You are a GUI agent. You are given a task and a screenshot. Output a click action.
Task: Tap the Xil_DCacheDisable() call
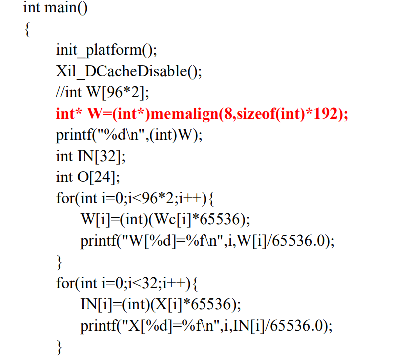(129, 71)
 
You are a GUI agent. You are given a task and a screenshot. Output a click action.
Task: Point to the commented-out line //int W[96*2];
(102, 93)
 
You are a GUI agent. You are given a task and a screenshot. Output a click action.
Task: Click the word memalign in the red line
(184, 114)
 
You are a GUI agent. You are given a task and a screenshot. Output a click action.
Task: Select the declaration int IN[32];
(91, 156)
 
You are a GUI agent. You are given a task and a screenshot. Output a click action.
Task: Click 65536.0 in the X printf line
(304, 326)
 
